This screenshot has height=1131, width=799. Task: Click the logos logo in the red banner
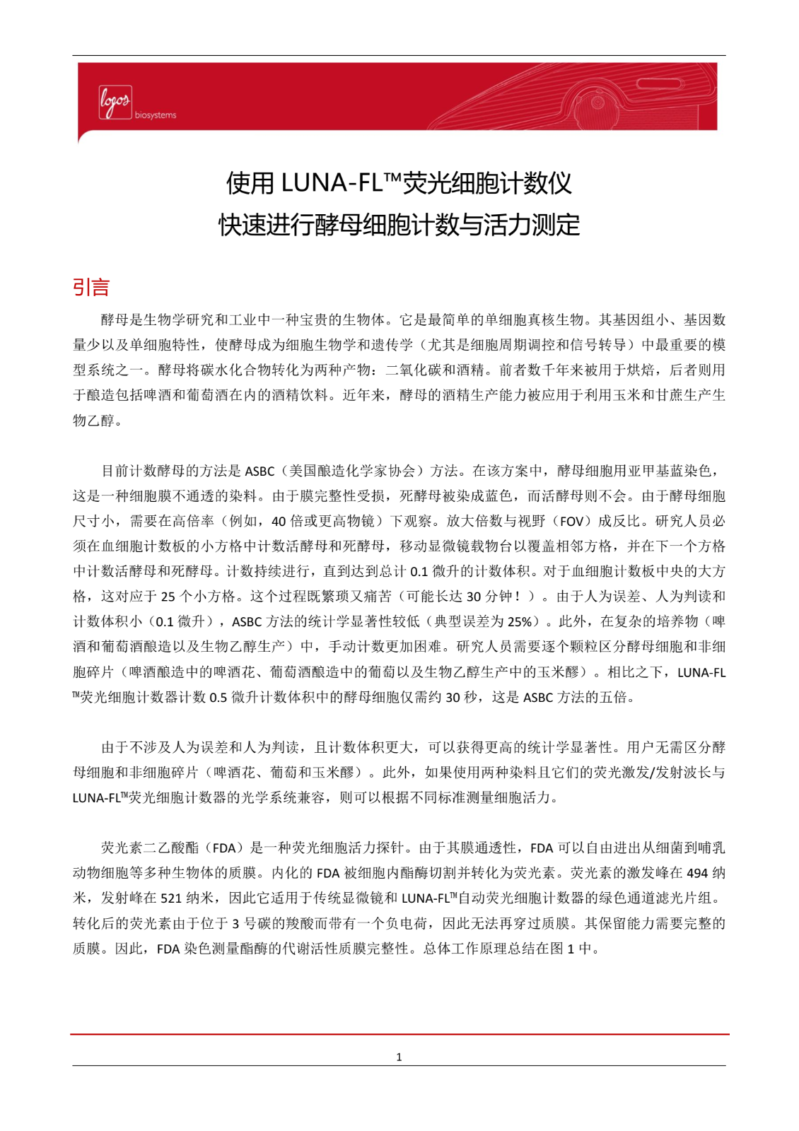tap(115, 102)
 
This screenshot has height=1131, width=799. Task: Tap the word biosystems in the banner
tap(156, 115)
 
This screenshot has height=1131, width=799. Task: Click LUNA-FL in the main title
tap(331, 183)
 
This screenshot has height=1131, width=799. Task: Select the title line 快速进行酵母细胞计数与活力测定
tap(399, 225)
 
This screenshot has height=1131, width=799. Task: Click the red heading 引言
tap(91, 287)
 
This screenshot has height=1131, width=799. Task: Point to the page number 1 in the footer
tap(399, 1057)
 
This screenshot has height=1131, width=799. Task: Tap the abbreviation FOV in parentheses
tap(572, 521)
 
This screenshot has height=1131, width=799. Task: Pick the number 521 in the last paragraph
tap(170, 898)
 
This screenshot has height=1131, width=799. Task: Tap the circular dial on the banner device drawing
tap(597, 104)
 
